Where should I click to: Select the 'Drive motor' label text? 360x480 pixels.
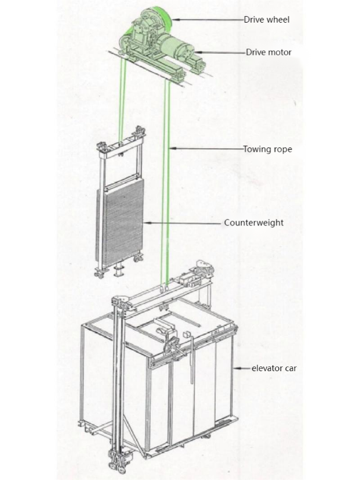(x=268, y=52)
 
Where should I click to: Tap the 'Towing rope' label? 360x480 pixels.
(x=267, y=149)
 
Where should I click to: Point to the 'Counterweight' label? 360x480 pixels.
(x=253, y=223)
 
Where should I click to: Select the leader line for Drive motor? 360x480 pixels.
(x=223, y=52)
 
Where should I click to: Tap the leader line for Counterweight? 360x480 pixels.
(x=181, y=223)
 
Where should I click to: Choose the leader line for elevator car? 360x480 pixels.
(x=240, y=369)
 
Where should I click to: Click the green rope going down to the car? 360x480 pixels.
(x=169, y=178)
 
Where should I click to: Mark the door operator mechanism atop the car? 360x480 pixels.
(x=173, y=342)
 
